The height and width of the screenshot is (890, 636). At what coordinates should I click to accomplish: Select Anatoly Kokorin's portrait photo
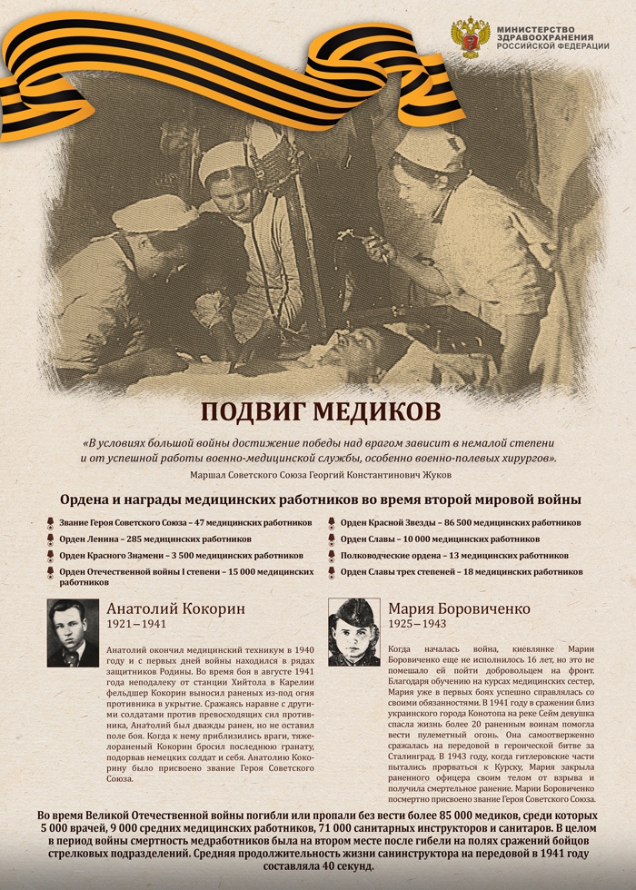(x=73, y=633)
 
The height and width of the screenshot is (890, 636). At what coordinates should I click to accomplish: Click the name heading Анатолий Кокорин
(x=175, y=608)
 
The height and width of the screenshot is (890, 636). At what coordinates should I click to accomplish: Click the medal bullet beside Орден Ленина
(x=50, y=539)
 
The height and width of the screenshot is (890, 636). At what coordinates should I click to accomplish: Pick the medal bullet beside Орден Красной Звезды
(x=332, y=523)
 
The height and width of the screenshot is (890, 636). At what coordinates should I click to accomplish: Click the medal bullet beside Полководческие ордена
(x=332, y=555)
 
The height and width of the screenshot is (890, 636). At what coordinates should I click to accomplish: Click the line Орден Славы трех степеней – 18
(x=462, y=571)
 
